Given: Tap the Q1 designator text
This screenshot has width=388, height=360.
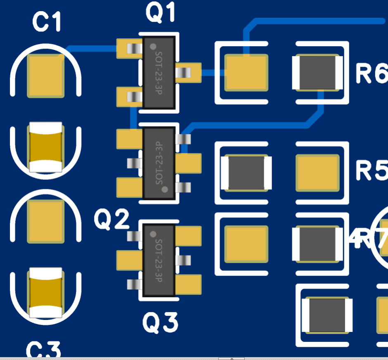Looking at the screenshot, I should click(161, 13).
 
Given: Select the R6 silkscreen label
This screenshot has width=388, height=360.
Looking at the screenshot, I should click(371, 74).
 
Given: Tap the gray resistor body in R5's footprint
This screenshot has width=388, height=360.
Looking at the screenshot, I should click(247, 173).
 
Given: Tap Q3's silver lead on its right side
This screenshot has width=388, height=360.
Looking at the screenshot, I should click(184, 260).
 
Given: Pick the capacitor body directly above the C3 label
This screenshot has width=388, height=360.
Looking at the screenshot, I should click(45, 293).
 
